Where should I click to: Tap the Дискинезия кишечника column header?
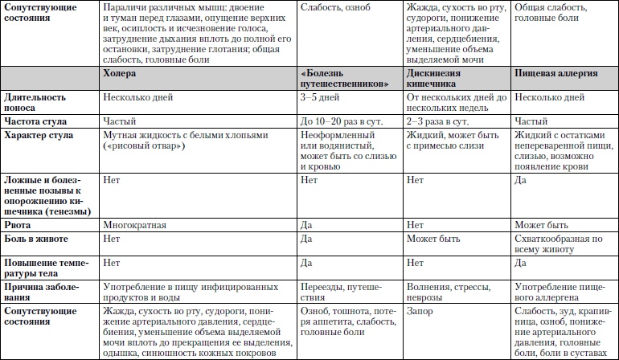coord(432,78)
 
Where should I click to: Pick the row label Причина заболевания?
coord(39,291)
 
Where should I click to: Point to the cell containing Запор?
coord(420,309)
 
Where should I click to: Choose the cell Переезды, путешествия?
coord(338,291)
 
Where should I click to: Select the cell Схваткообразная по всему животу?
coord(558,244)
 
